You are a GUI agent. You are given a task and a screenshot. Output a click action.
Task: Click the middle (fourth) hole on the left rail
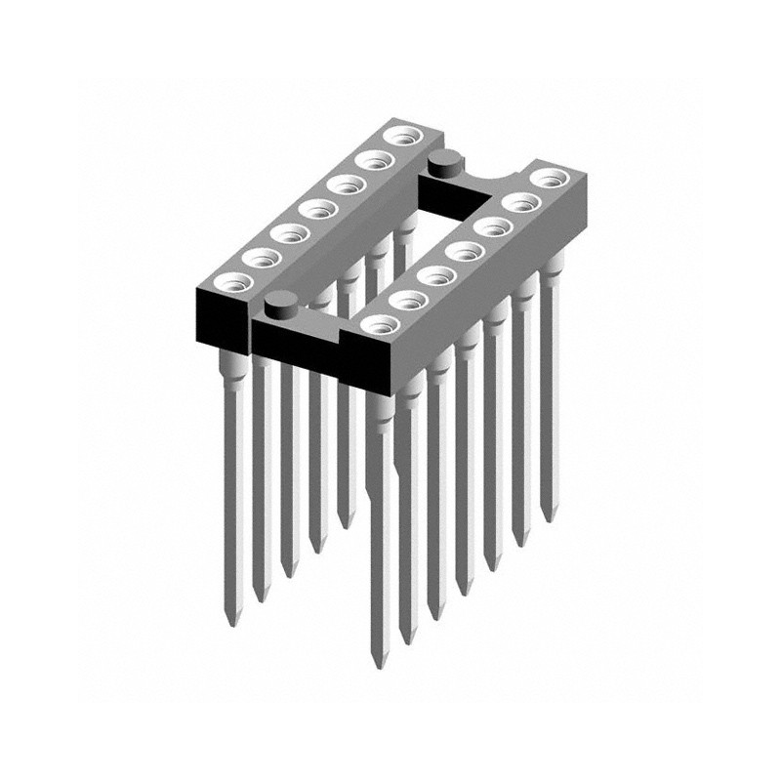click(x=312, y=207)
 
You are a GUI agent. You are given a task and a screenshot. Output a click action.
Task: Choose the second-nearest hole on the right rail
click(x=403, y=299)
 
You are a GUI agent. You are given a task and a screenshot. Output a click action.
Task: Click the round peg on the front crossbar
click(x=281, y=306)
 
